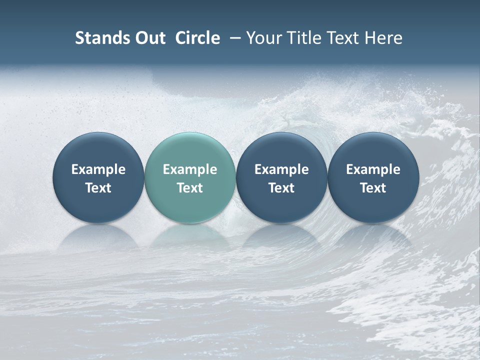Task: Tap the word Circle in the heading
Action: tap(197, 38)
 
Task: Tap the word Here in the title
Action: tap(383, 38)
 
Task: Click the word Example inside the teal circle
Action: tap(190, 169)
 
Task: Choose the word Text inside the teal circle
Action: tap(190, 188)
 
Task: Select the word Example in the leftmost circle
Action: tap(98, 169)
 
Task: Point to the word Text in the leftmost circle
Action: tap(98, 188)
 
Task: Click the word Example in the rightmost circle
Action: tap(373, 169)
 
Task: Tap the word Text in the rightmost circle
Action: tap(373, 188)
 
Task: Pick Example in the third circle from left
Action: tap(281, 169)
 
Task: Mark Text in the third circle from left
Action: tap(281, 188)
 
